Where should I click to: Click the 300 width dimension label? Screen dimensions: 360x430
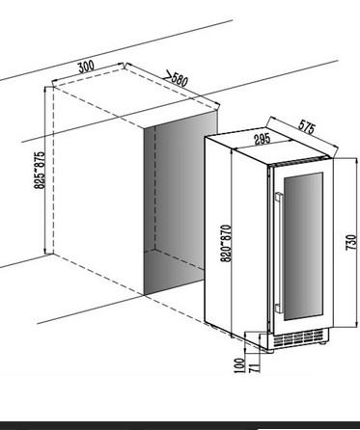pos(86,67)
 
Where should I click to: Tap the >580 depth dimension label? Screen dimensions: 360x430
pos(176,78)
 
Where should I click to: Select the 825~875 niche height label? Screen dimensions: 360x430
pos(40,170)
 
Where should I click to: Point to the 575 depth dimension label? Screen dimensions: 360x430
pos(306,126)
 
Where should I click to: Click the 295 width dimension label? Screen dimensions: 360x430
pos(263,140)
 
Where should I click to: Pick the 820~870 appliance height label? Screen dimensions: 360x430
pos(226,243)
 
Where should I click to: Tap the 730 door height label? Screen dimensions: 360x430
pos(351,242)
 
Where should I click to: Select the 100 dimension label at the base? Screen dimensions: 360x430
pos(240,365)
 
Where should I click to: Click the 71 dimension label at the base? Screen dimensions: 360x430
pos(254,367)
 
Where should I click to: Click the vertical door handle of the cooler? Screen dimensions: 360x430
pos(279,253)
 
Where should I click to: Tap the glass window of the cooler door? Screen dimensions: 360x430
pos(303,247)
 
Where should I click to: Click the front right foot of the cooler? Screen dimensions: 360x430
pos(321,343)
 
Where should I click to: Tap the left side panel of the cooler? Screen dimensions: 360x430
pos(236,238)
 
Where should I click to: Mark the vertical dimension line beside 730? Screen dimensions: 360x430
pos(357,242)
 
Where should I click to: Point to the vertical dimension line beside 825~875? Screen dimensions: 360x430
pos(45,171)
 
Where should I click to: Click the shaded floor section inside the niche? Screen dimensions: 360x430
pos(174,271)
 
